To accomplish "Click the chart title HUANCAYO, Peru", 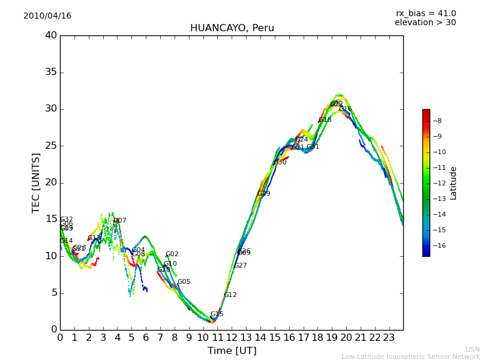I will pos(232,28).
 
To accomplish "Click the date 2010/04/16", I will pos(47,16).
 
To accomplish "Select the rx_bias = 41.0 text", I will pos(425,14).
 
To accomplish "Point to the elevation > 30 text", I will pos(425,23).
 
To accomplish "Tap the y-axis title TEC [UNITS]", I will pos(37,182).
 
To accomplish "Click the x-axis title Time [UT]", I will pos(232,351).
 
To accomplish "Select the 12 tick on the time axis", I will pos(232,337).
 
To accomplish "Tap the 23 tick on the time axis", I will pos(389,337).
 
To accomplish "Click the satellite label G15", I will pos(217,314).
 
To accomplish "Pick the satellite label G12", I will pos(230,295).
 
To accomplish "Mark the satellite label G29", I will pos(263,194).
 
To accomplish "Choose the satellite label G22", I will pos(336,104).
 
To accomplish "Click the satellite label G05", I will pos(184,282).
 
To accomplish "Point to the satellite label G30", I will pos(280,163).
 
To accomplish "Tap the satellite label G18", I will pos(325,120).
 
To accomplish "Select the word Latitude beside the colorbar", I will pos(454,183).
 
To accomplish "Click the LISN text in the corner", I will pos(472,349).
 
